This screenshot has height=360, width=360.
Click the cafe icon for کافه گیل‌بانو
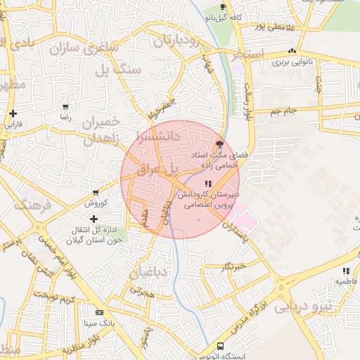coord(224,6)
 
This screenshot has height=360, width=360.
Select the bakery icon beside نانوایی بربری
coord(292,51)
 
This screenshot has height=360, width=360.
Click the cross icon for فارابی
coord(13,113)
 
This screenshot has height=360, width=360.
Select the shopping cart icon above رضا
coord(65,108)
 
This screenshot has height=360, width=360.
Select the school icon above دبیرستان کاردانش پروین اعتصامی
coord(207,184)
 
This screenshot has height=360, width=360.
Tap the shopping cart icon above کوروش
coord(96,193)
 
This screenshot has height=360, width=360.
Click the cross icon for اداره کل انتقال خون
coord(94,219)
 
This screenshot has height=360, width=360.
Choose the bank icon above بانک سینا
coord(98,312)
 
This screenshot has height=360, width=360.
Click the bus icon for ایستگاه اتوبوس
coord(220,347)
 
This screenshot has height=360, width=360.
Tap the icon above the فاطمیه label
coord(345,271)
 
